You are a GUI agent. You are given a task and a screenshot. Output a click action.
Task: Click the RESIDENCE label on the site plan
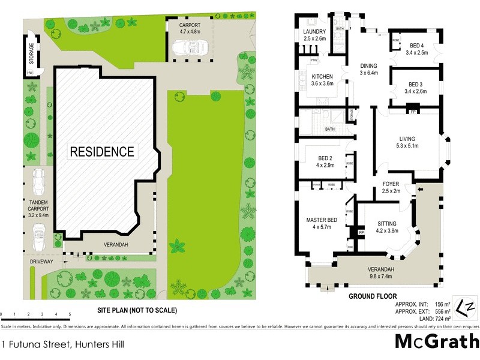(102, 151)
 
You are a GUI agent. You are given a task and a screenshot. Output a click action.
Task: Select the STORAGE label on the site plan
(31, 52)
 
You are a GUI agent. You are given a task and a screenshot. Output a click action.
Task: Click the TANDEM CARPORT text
(38, 207)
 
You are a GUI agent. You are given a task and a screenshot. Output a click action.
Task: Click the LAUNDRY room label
(315, 34)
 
